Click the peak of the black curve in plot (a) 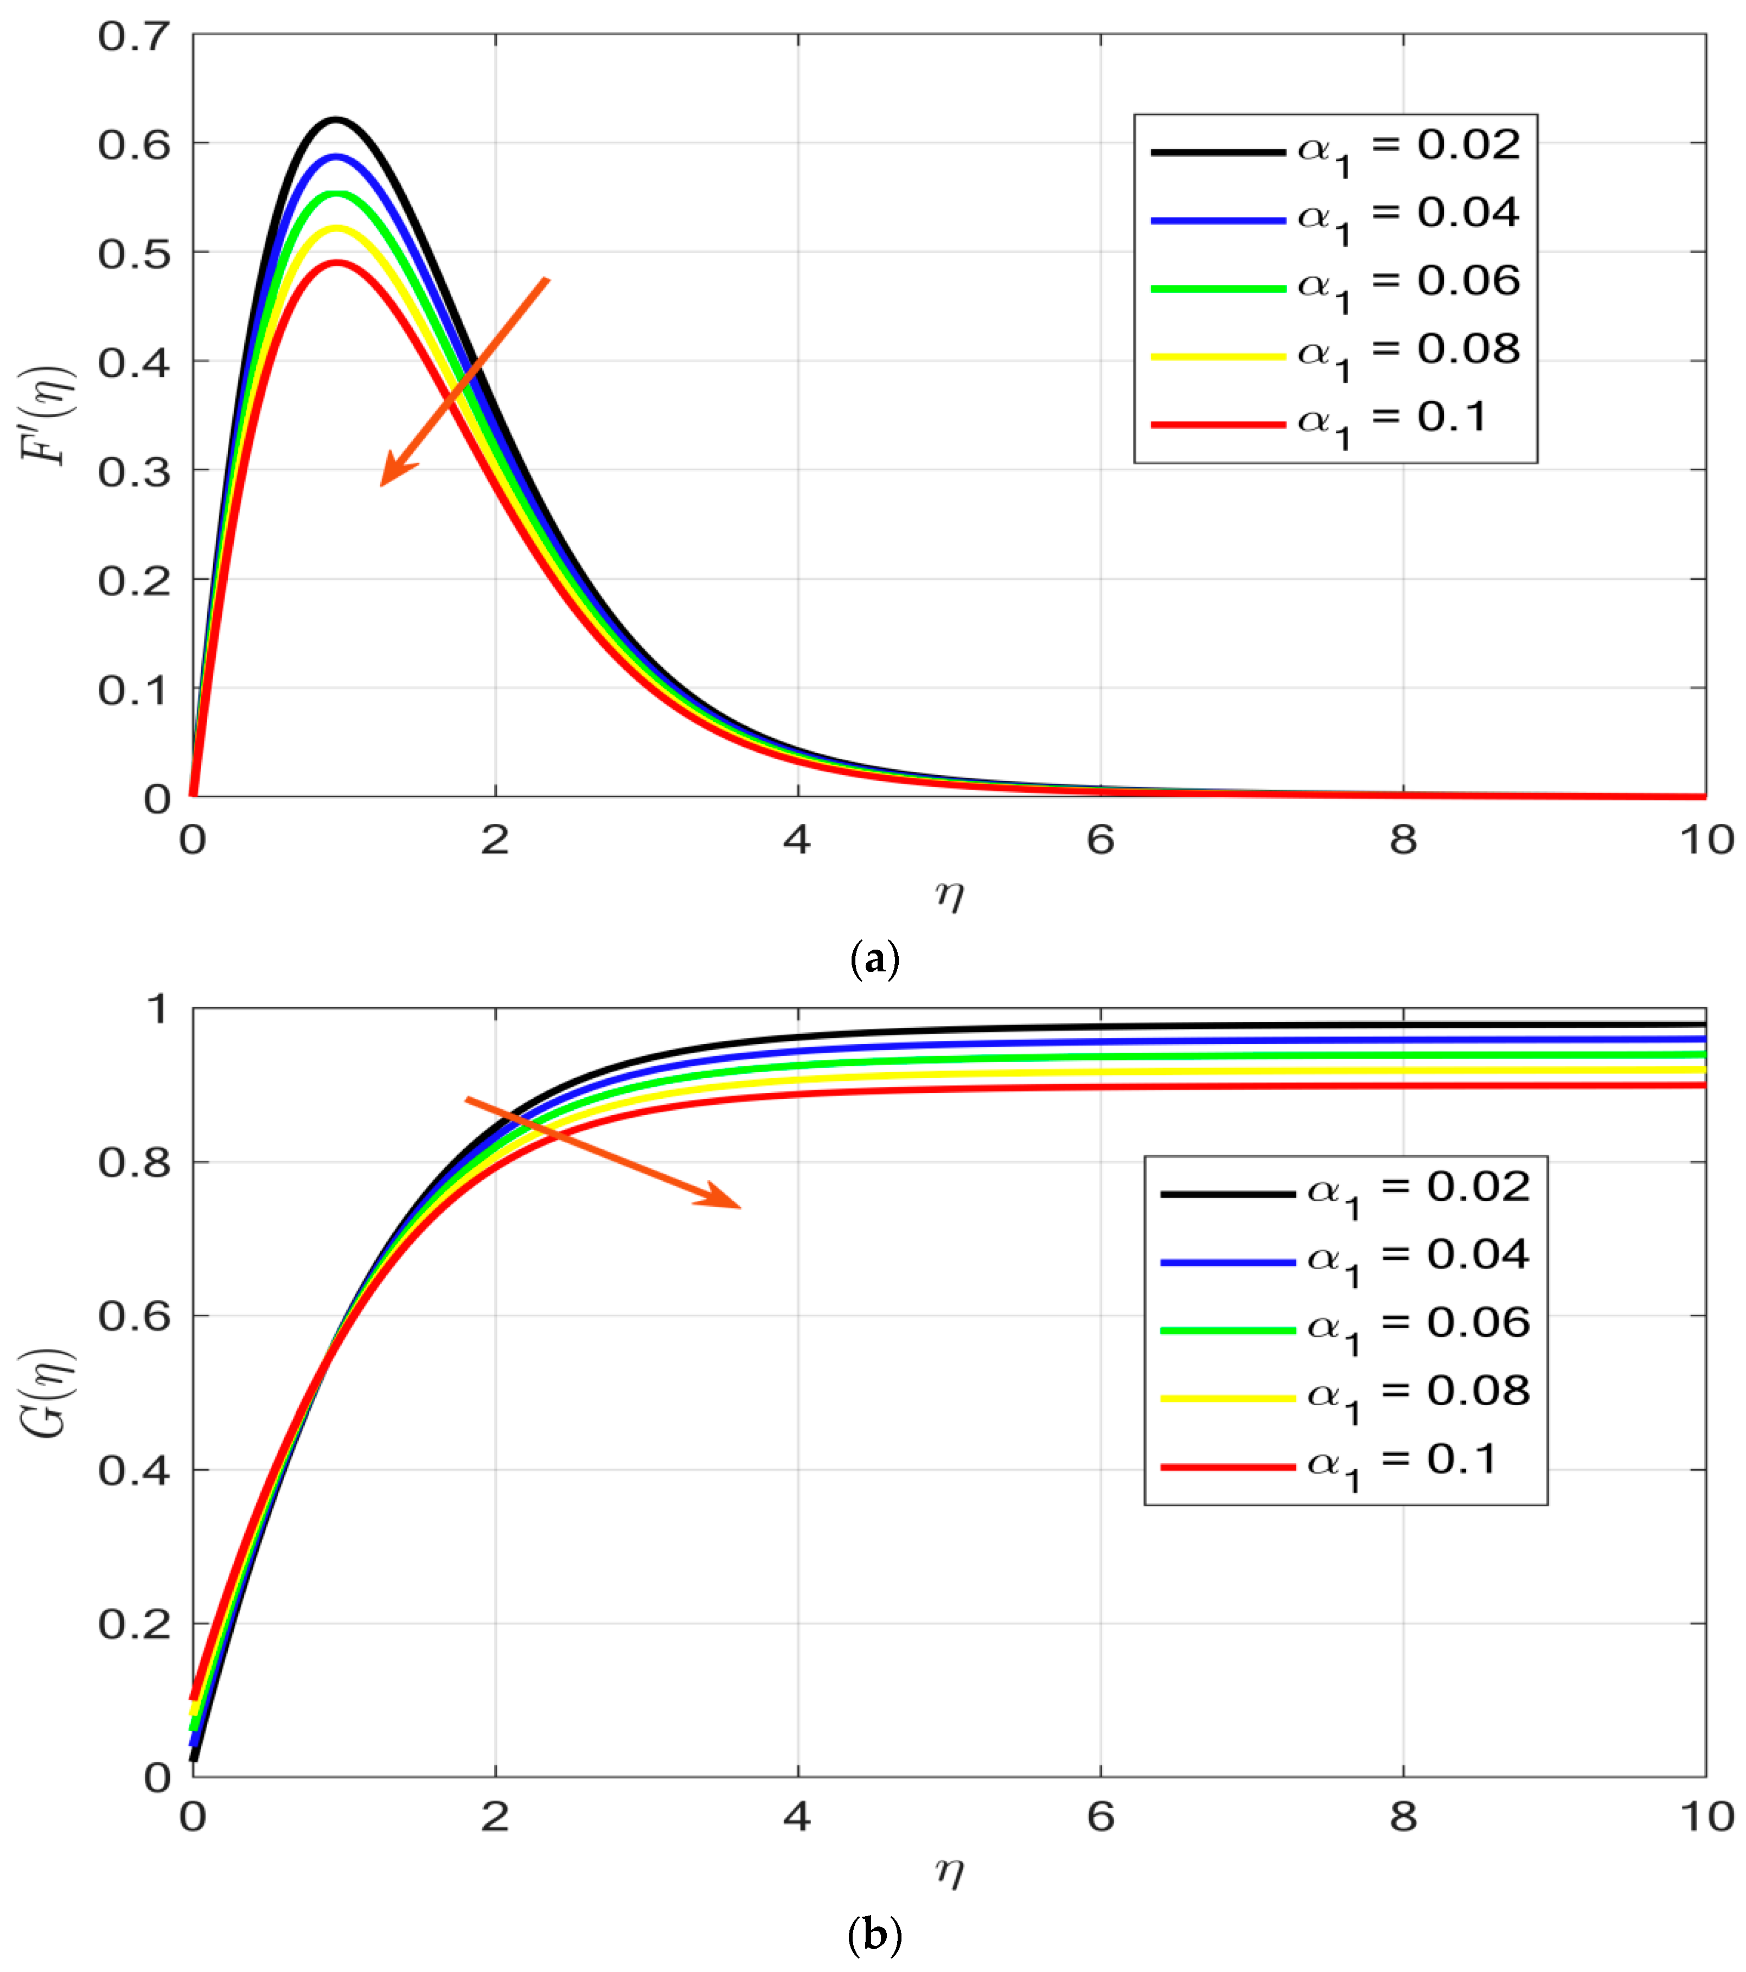tap(336, 120)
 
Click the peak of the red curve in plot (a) tap(337, 261)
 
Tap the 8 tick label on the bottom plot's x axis tap(1403, 1817)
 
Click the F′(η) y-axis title tap(46, 416)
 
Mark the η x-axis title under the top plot tap(949, 895)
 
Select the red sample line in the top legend tap(1217, 425)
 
